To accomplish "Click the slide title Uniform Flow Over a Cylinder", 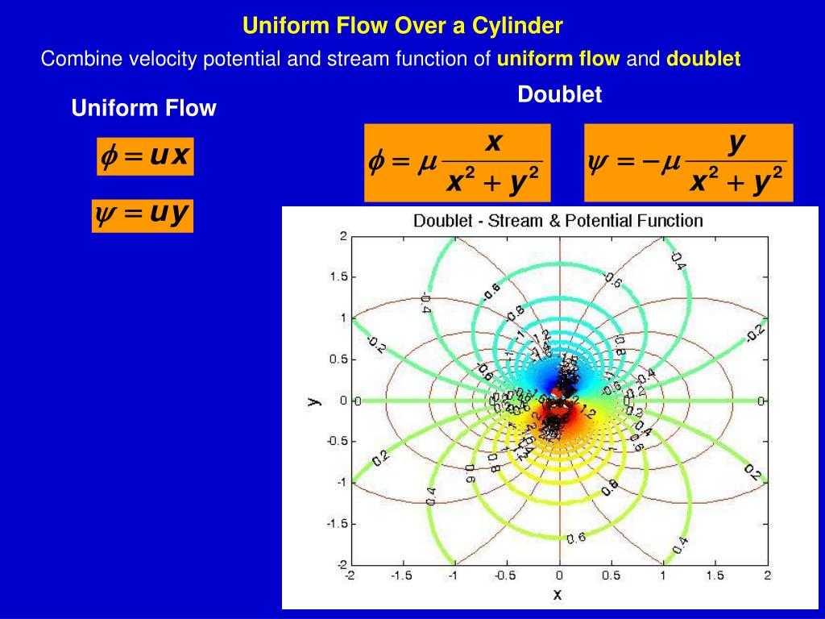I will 402,26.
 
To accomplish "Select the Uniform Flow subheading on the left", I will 143,108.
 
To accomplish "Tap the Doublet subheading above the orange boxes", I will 559,94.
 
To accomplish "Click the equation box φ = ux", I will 144,156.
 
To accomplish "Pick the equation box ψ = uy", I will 142,215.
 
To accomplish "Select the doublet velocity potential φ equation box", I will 457,163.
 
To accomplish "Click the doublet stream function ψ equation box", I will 688,163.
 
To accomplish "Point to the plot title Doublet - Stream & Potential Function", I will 558,220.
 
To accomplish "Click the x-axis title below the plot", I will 557,595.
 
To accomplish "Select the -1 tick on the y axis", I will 340,482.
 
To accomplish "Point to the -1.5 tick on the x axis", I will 401,575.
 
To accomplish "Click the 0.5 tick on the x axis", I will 611,575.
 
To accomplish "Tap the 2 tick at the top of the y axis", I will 342,236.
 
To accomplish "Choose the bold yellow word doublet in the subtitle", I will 703,59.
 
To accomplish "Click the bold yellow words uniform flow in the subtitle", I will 558,59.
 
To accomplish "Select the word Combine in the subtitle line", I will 72,59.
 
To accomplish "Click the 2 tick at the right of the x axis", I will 767,575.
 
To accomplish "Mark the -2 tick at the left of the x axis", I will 349,575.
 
